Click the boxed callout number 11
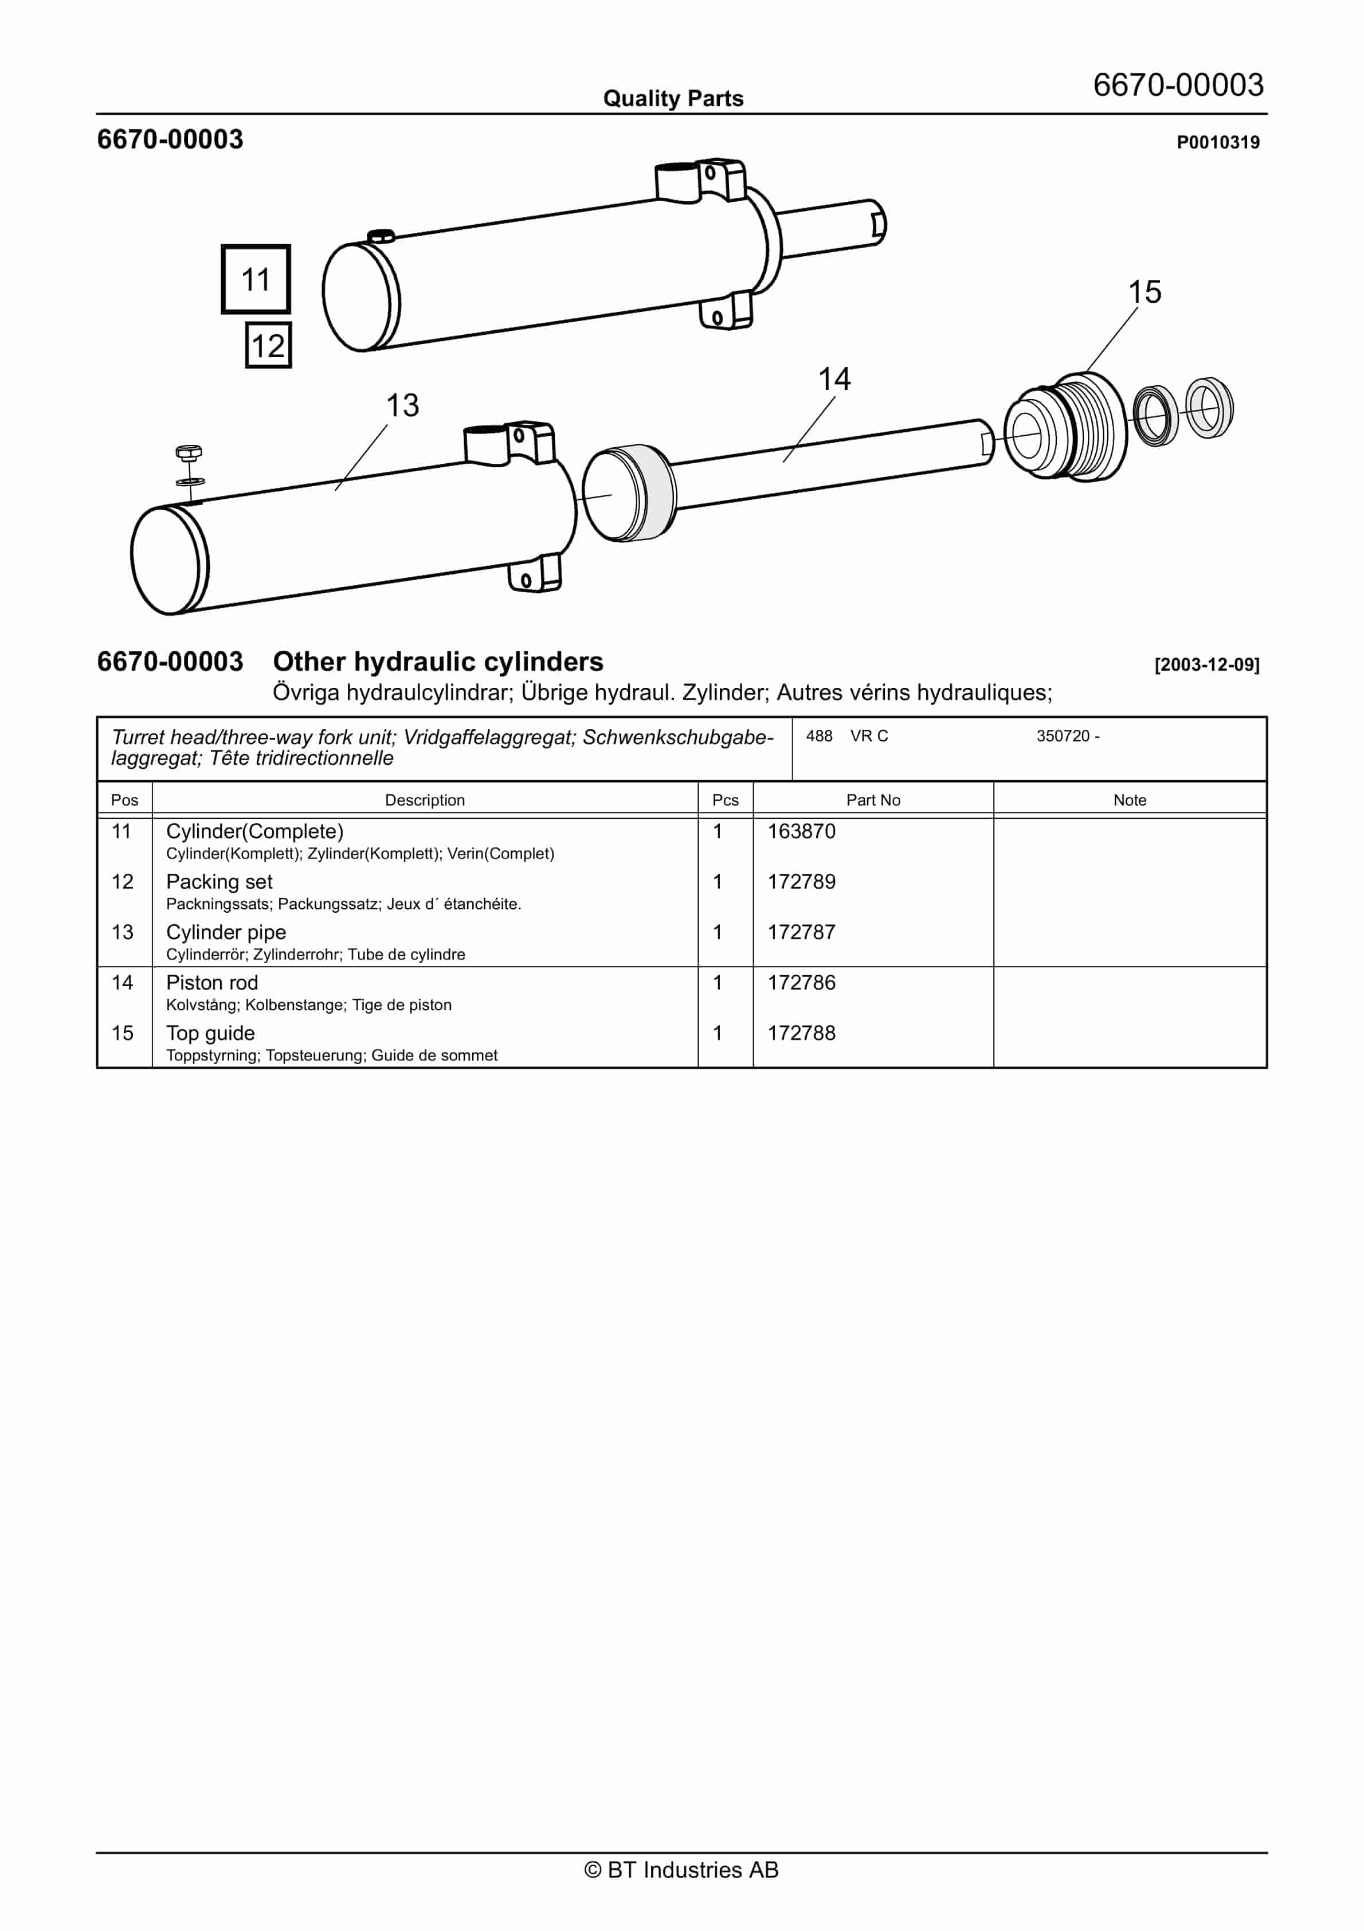click(256, 279)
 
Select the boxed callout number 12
click(268, 346)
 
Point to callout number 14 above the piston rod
click(834, 380)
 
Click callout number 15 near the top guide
click(1144, 292)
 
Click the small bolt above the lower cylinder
click(189, 454)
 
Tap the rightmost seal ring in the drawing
click(1209, 408)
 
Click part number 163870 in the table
click(801, 832)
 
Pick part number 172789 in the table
click(801, 882)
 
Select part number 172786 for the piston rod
click(801, 983)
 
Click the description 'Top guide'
click(210, 1034)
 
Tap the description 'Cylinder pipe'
click(225, 933)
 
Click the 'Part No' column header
click(873, 800)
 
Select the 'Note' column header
click(1130, 800)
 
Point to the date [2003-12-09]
click(1207, 665)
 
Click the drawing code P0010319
click(1218, 143)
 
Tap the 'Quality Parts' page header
click(673, 99)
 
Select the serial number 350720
click(1063, 737)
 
